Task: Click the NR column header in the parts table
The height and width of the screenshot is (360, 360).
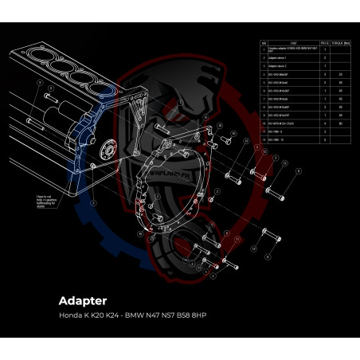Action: [x=264, y=43]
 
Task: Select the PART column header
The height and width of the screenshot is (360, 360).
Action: [x=292, y=43]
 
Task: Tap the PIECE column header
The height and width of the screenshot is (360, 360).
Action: [x=324, y=43]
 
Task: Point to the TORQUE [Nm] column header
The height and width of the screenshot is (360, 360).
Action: [x=341, y=43]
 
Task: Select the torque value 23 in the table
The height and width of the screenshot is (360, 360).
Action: [x=341, y=74]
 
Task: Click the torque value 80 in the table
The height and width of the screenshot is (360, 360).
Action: [x=341, y=123]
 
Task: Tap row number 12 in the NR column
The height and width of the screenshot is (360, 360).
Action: [x=264, y=139]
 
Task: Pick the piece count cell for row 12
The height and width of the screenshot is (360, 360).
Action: [x=324, y=139]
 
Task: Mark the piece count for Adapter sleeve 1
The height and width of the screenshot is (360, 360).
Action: [x=324, y=58]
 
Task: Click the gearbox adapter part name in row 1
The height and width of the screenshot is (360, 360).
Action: [x=292, y=49]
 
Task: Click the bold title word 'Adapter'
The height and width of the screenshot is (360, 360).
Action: [x=84, y=301]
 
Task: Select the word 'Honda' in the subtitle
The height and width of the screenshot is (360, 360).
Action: [x=70, y=316]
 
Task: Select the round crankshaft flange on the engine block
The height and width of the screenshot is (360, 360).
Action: [x=106, y=151]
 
